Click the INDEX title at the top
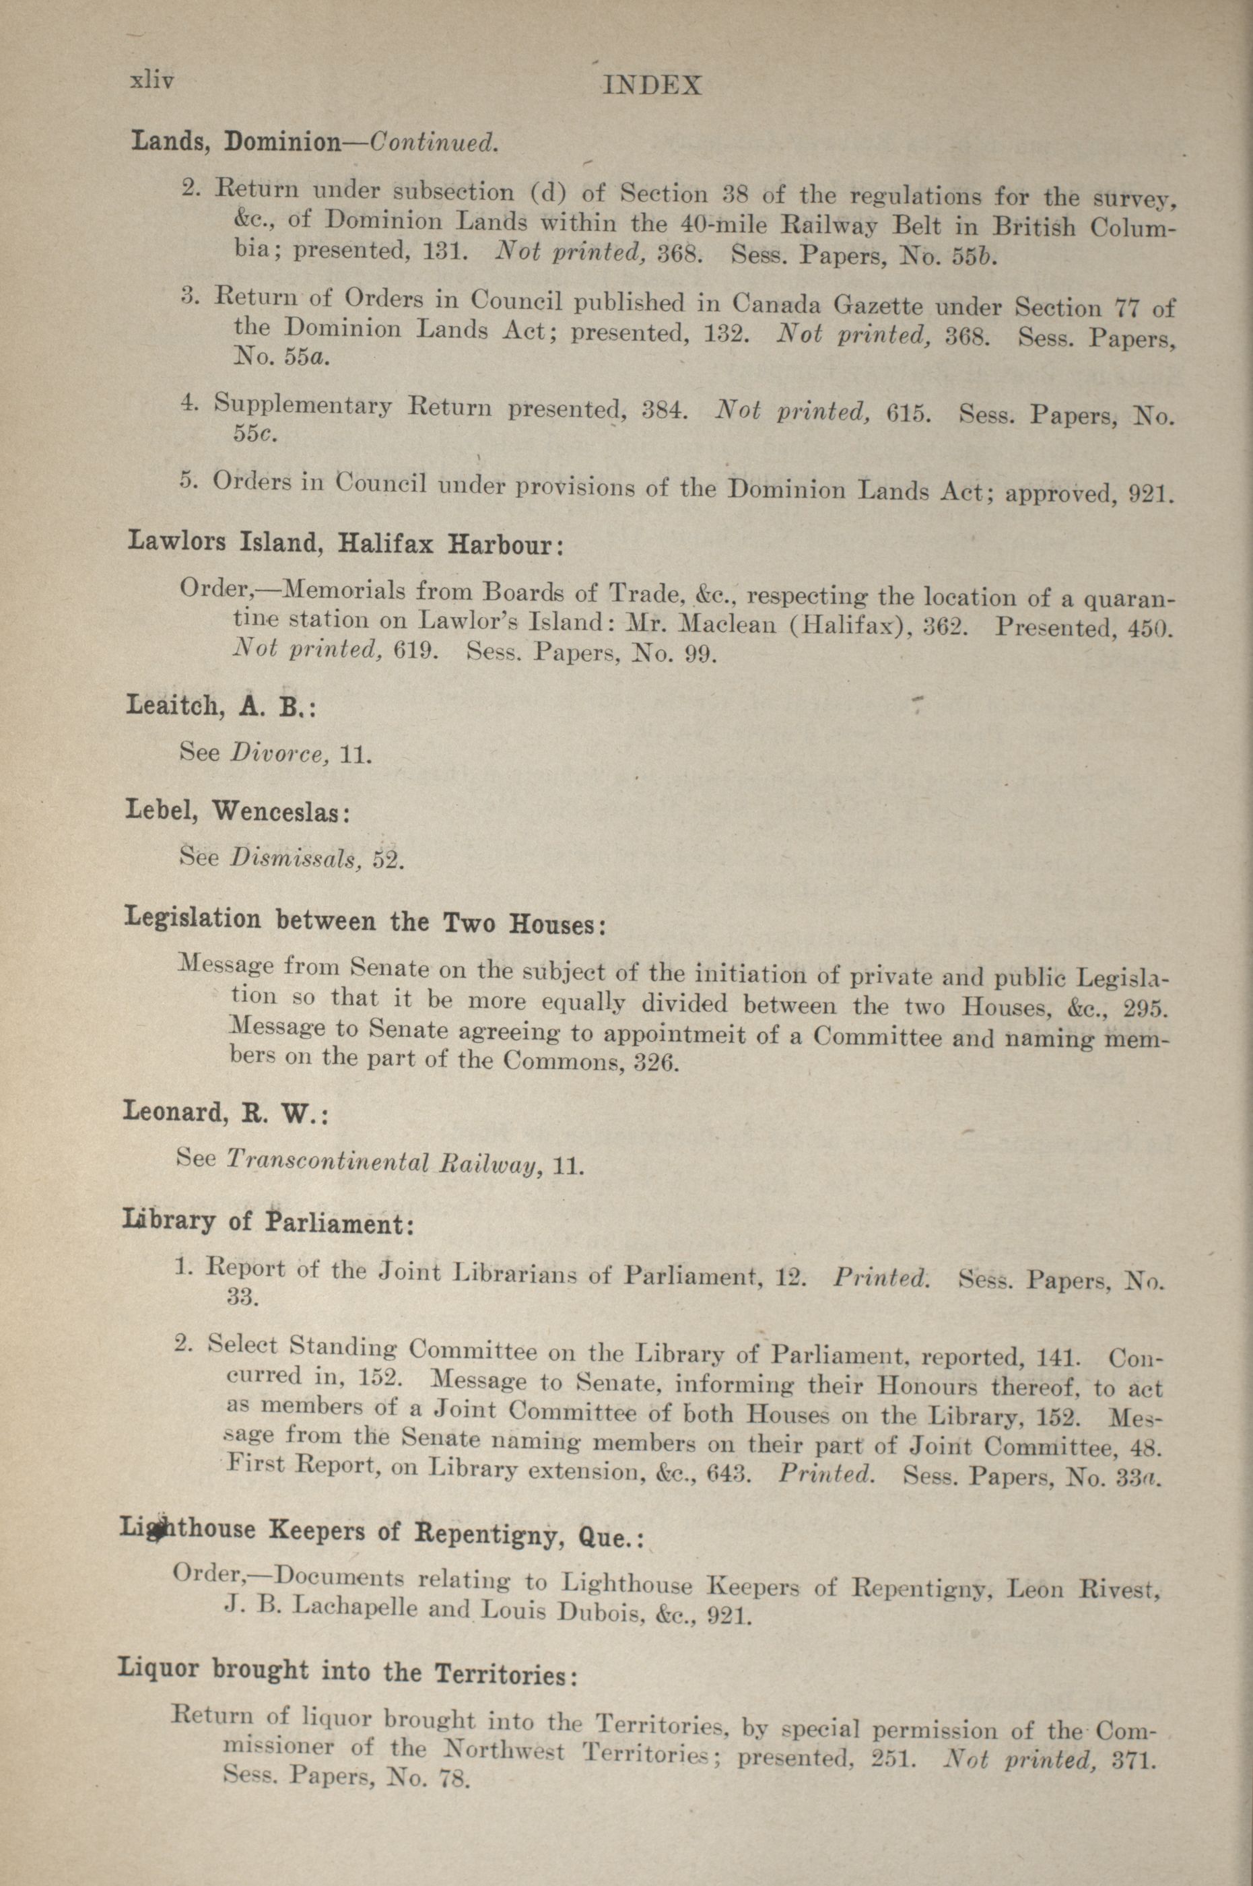652,86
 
